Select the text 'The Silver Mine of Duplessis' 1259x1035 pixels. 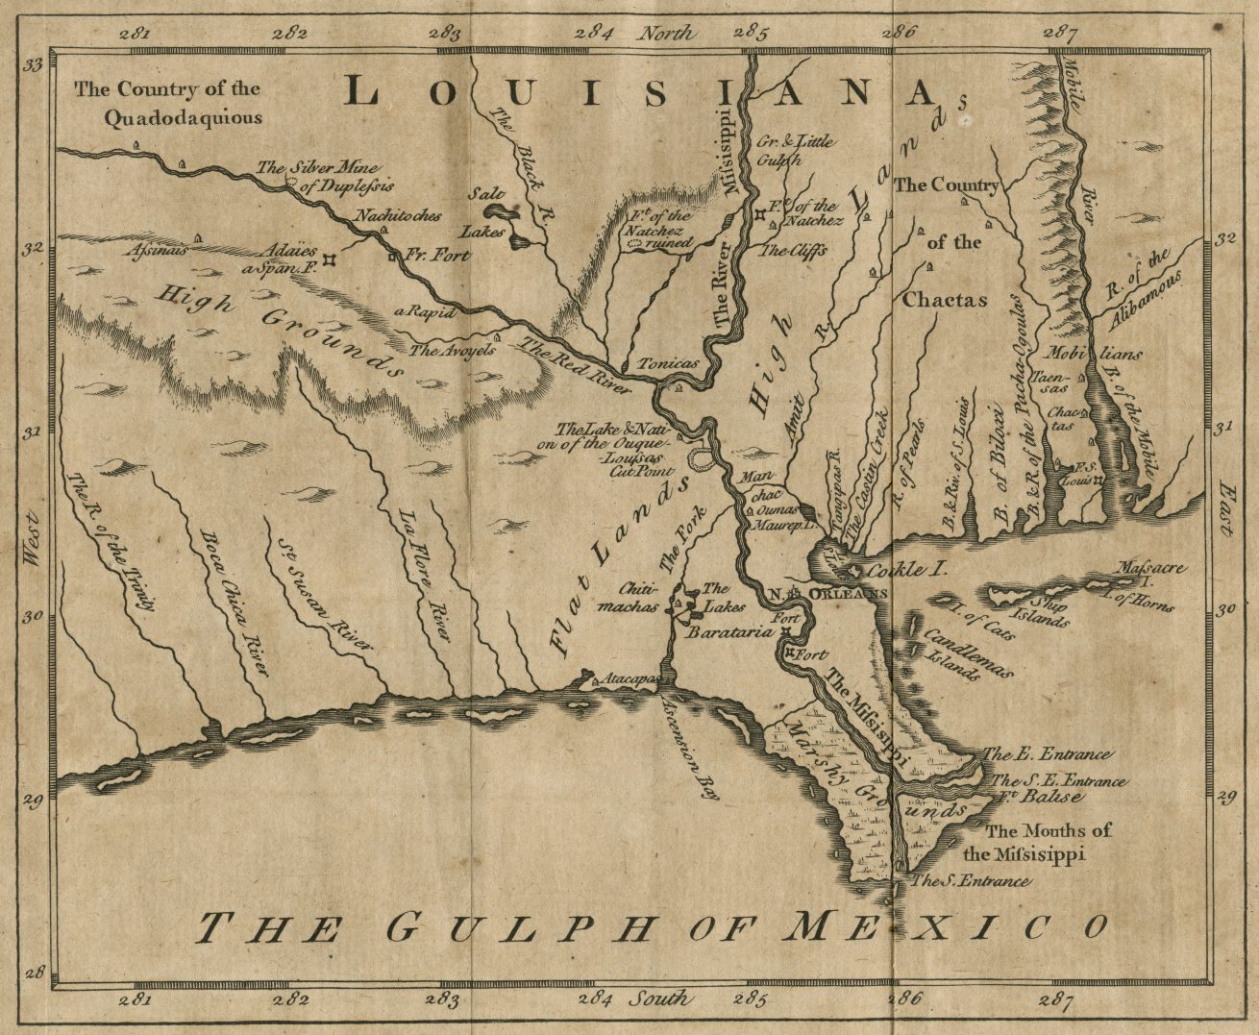pyautogui.click(x=325, y=177)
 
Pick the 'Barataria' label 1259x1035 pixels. pyautogui.click(x=729, y=633)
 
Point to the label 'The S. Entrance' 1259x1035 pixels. pyautogui.click(x=971, y=880)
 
